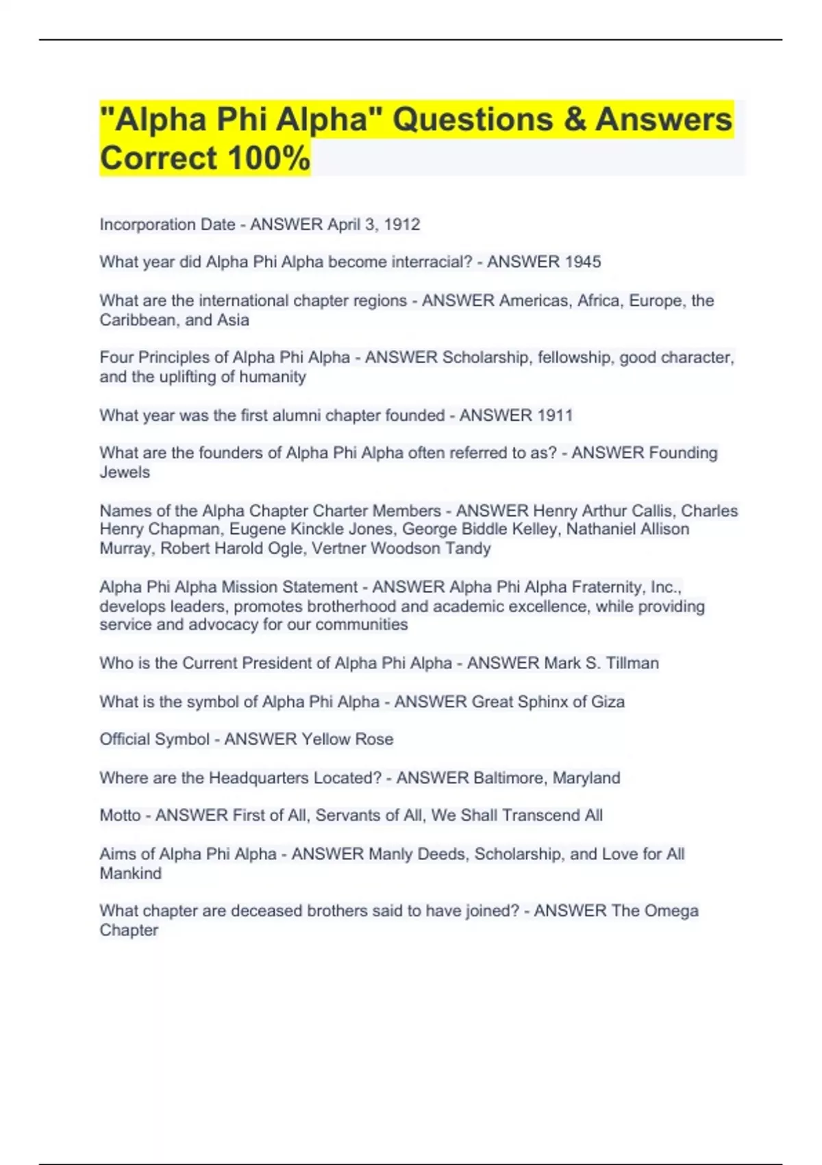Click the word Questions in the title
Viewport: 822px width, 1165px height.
pyautogui.click(x=473, y=119)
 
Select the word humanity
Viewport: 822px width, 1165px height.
pyautogui.click(x=272, y=377)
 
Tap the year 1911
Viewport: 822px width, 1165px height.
pyautogui.click(x=554, y=415)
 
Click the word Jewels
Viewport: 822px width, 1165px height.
pyautogui.click(x=125, y=472)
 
